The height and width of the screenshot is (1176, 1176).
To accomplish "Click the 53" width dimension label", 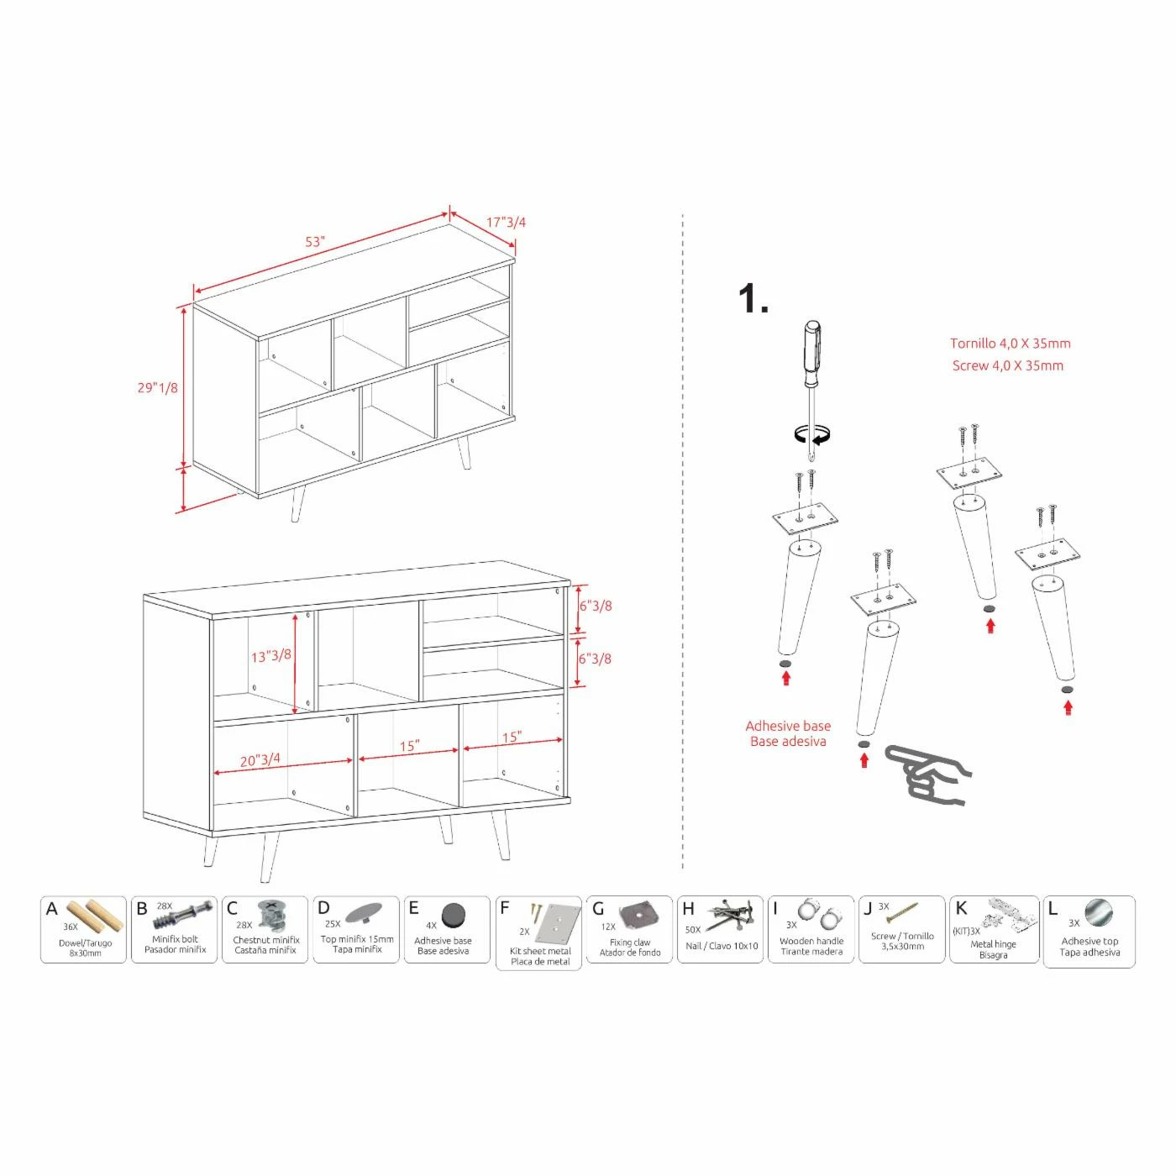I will pyautogui.click(x=315, y=242).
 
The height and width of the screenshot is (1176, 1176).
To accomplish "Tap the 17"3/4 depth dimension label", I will pyautogui.click(x=506, y=223).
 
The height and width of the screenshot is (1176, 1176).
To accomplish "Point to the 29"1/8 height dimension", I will pyautogui.click(x=158, y=388).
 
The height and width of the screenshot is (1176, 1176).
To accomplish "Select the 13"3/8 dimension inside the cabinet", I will pyautogui.click(x=270, y=656).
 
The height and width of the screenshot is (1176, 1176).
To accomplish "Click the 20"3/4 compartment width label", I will pyautogui.click(x=260, y=759).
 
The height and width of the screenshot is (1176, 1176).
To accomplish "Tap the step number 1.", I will pyautogui.click(x=752, y=300).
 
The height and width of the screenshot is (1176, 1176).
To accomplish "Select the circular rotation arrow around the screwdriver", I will pyautogui.click(x=812, y=434).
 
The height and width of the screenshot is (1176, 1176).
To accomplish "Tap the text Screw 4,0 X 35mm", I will pyautogui.click(x=1007, y=366).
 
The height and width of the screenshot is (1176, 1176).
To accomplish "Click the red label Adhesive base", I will pyautogui.click(x=788, y=726).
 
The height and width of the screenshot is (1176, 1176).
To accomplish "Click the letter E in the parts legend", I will pyautogui.click(x=413, y=908).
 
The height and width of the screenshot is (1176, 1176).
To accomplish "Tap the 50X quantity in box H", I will pyautogui.click(x=693, y=930).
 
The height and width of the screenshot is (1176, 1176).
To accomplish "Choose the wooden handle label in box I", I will pyautogui.click(x=811, y=942).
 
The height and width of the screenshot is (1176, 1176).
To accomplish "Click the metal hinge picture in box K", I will pyautogui.click(x=1010, y=916).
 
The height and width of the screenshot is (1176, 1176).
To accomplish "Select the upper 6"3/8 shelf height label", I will pyautogui.click(x=595, y=606).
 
